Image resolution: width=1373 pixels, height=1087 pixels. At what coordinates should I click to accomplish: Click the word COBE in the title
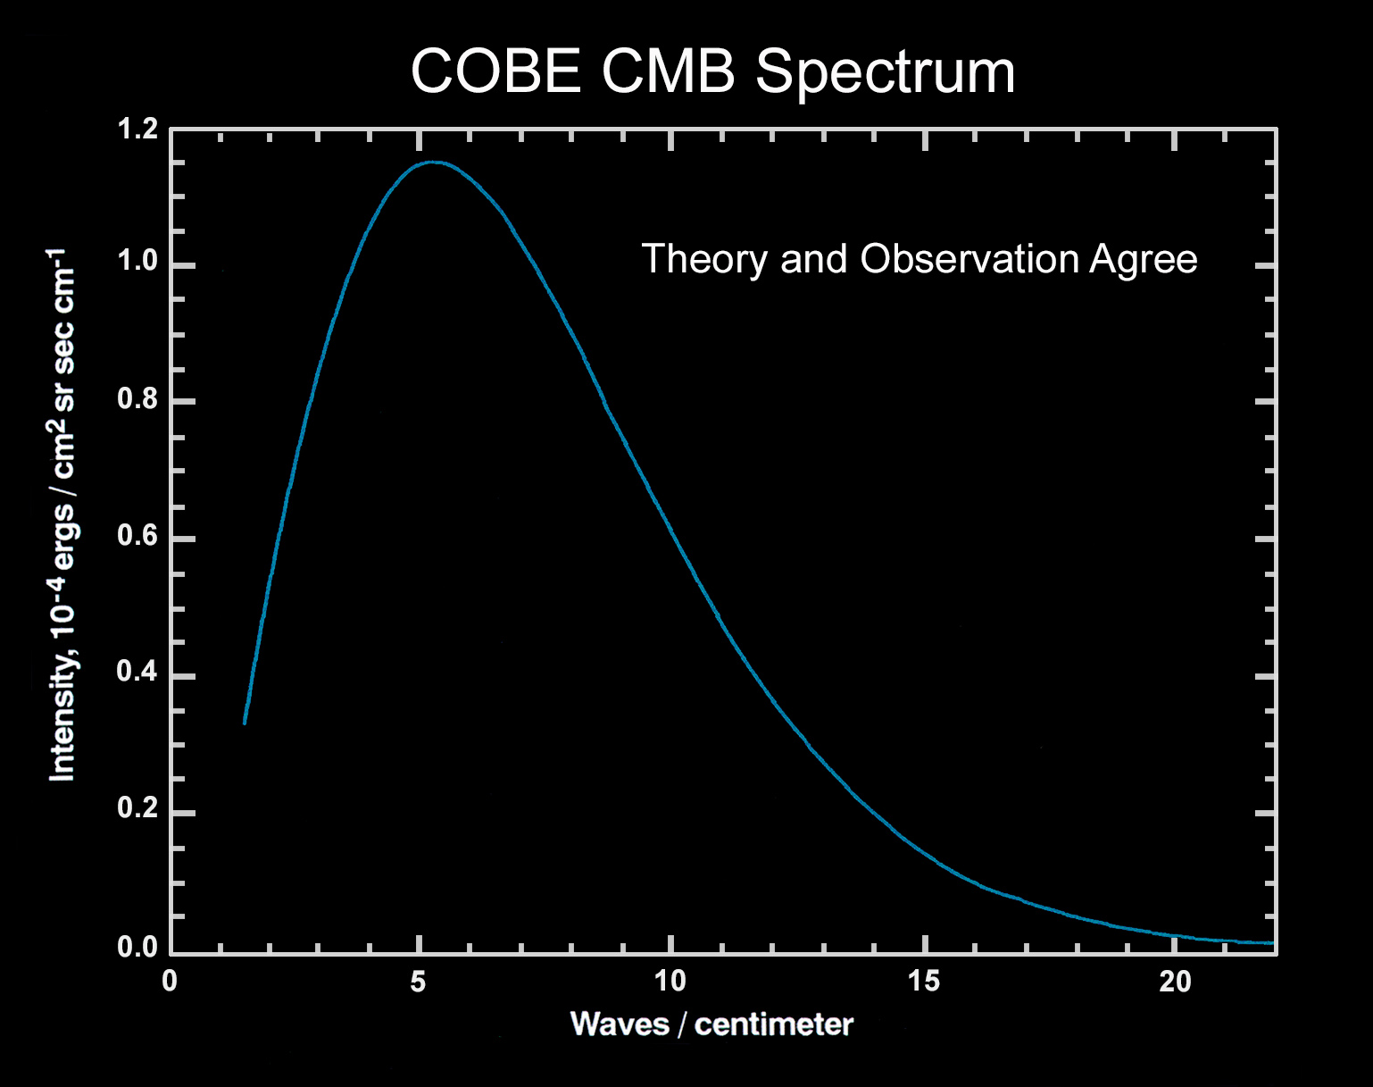495,71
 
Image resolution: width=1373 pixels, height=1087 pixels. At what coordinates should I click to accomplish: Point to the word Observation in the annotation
969,259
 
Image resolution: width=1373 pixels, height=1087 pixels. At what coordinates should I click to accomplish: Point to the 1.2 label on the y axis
137,130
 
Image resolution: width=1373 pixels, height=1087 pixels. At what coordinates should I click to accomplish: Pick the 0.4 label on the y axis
137,673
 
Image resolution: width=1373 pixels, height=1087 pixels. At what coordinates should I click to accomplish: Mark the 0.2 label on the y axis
137,809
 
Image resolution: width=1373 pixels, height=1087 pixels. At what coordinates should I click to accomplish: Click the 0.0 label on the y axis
137,947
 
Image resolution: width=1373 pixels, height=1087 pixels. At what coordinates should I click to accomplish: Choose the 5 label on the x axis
418,982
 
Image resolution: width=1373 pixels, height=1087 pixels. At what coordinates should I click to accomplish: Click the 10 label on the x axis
670,982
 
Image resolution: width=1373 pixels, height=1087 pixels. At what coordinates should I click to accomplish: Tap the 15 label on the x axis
924,982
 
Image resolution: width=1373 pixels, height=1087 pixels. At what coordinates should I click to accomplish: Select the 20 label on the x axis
1175,982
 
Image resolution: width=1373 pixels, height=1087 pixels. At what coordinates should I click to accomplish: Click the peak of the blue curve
433,163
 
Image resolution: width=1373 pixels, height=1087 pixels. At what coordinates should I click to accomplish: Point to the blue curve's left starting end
245,722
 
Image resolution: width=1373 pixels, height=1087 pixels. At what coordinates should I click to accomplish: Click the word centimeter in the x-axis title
773,1024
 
